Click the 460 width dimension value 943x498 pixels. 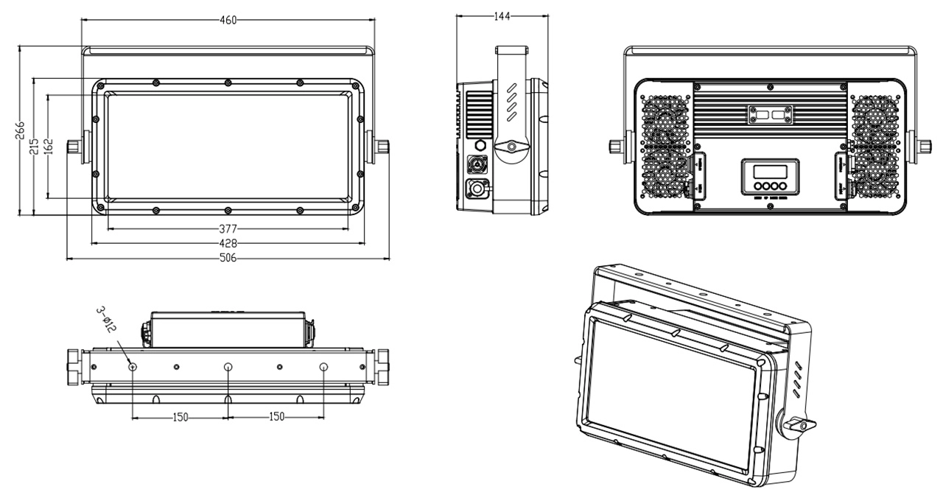tap(228, 21)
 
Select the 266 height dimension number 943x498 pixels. tap(21, 130)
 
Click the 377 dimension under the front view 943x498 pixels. tap(228, 228)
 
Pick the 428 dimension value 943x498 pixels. tap(228, 243)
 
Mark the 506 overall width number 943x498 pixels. tap(228, 259)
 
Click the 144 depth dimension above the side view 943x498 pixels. tap(502, 15)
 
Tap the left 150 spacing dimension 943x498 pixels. tap(180, 417)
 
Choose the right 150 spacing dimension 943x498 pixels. tap(276, 417)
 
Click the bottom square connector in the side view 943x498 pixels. tap(477, 189)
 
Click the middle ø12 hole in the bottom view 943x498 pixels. tap(228, 366)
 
